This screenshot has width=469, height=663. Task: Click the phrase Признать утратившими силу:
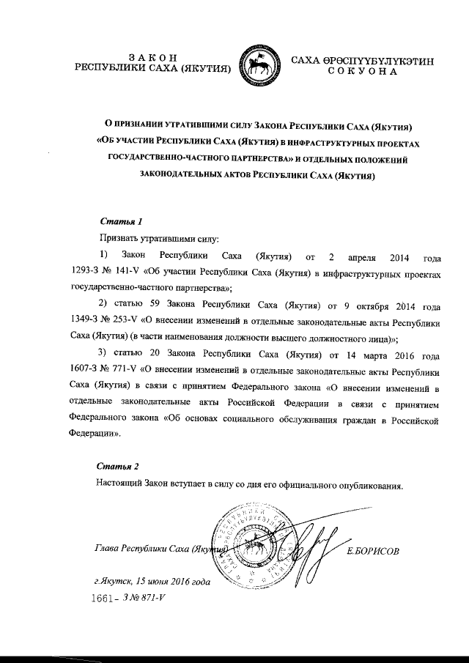tap(143, 239)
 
